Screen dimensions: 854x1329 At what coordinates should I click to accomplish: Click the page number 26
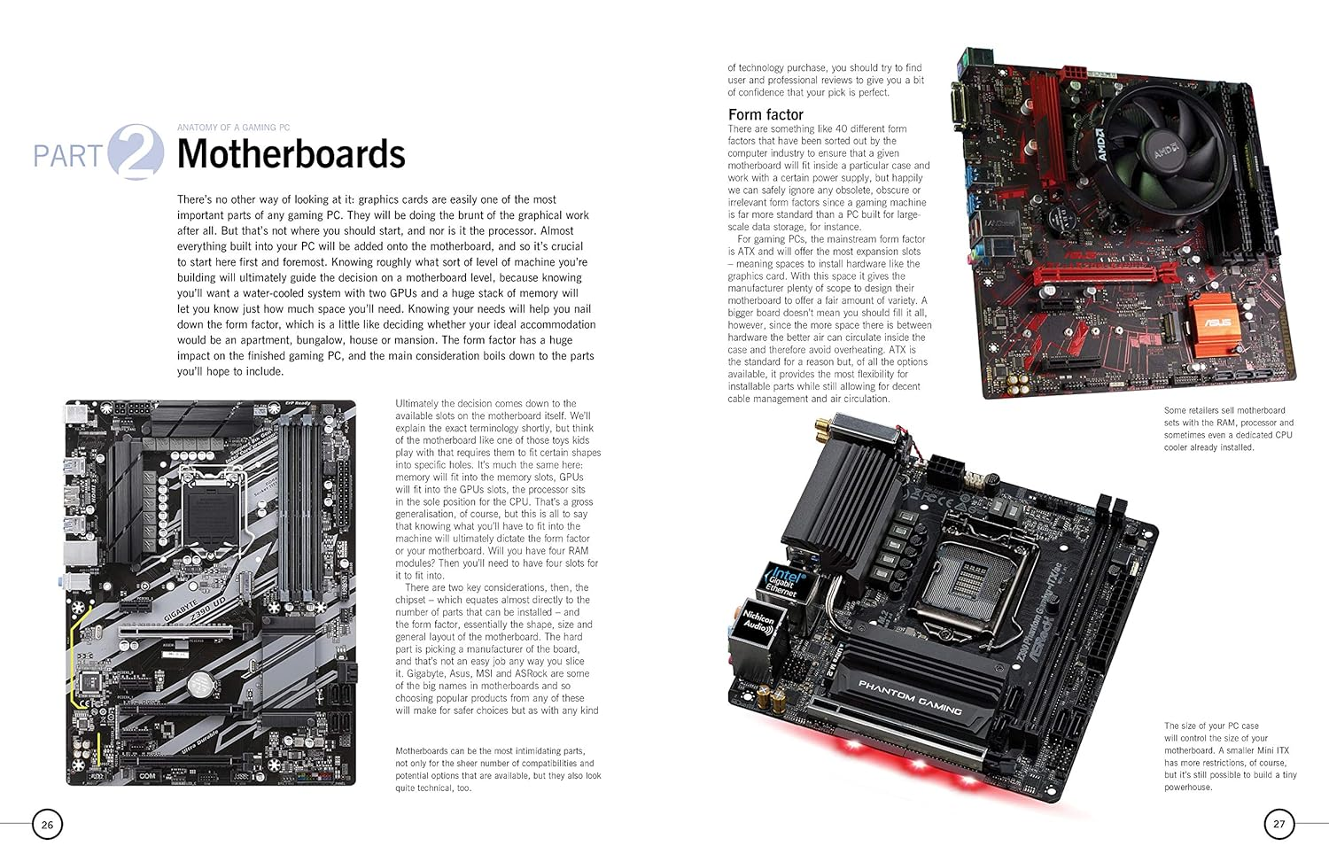tap(47, 824)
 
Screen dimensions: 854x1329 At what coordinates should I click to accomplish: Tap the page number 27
tap(1278, 824)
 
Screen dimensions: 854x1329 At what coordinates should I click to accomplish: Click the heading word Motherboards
tap(291, 154)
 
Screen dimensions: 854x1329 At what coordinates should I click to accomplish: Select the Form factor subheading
tap(766, 114)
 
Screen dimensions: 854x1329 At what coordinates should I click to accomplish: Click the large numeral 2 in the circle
tap(137, 152)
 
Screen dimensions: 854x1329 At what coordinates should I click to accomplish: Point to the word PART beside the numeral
tap(68, 157)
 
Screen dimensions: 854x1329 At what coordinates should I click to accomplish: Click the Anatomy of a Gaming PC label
tap(233, 128)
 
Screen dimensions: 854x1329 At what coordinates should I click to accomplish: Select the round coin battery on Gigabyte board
tap(204, 682)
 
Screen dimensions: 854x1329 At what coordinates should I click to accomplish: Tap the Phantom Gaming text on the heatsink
tap(910, 697)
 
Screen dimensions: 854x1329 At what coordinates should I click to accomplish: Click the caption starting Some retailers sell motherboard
tap(1228, 429)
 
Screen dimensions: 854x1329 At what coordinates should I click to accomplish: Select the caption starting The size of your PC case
tap(1230, 756)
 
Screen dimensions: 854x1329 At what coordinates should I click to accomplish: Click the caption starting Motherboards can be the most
tap(498, 769)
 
